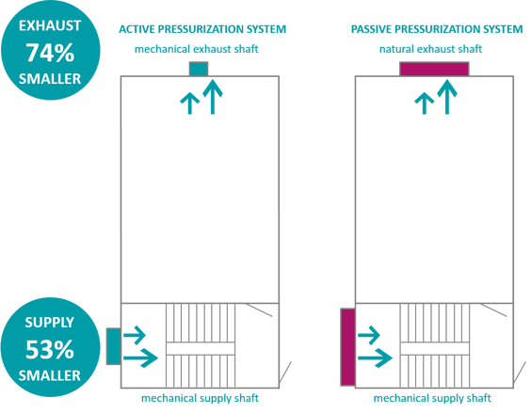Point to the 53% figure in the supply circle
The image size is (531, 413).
(x=49, y=349)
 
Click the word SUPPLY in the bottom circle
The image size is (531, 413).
(x=49, y=323)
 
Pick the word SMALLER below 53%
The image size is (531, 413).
(x=49, y=376)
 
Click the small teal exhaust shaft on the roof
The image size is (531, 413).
(x=198, y=68)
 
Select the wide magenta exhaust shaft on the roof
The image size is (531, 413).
(x=433, y=68)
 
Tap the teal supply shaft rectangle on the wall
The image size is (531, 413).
(x=112, y=345)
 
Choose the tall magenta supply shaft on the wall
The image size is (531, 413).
(x=347, y=347)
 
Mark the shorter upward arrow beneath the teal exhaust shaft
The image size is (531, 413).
(x=190, y=103)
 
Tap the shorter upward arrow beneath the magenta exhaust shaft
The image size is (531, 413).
(x=425, y=103)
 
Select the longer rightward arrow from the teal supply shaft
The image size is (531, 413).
(x=141, y=357)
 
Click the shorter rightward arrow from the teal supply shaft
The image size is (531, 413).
(x=136, y=335)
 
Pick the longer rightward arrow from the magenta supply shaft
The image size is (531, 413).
(x=376, y=357)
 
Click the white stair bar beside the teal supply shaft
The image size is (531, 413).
(x=200, y=348)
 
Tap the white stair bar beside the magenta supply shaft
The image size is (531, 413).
(x=434, y=348)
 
